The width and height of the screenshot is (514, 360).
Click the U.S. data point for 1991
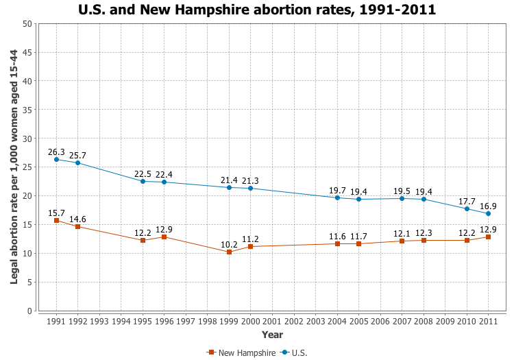pyautogui.click(x=56, y=159)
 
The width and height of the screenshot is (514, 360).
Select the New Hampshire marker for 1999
pyautogui.click(x=229, y=252)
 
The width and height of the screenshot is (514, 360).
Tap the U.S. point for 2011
pyautogui.click(x=488, y=213)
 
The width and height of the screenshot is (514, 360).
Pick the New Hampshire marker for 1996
pyautogui.click(x=164, y=237)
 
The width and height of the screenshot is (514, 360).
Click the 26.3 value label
pyautogui.click(x=56, y=152)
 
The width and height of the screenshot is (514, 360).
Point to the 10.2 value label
pyautogui.click(x=229, y=244)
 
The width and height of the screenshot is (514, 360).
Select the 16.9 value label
pyautogui.click(x=488, y=206)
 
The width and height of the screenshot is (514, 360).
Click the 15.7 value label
pyautogui.click(x=56, y=213)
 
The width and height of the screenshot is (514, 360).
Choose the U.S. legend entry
pyautogui.click(x=294, y=352)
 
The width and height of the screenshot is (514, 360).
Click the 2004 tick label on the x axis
pyautogui.click(x=337, y=321)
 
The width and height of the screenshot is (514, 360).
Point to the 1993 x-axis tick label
pyautogui.click(x=99, y=321)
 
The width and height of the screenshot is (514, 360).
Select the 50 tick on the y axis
pyautogui.click(x=27, y=23)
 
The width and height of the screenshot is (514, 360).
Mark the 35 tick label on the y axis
pyautogui.click(x=27, y=110)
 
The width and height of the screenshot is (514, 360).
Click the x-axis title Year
pyautogui.click(x=272, y=335)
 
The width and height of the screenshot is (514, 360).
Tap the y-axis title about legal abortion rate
pyautogui.click(x=14, y=167)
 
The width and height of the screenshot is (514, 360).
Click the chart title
pyautogui.click(x=257, y=10)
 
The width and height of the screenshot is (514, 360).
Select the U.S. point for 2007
pyautogui.click(x=402, y=198)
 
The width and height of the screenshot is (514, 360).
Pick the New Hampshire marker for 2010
pyautogui.click(x=467, y=240)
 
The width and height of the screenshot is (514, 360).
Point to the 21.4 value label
pyautogui.click(x=229, y=180)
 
